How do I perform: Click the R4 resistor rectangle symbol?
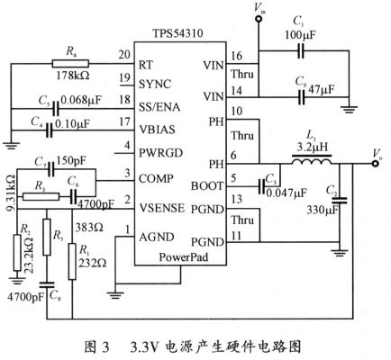pyautogui.click(x=64, y=64)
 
